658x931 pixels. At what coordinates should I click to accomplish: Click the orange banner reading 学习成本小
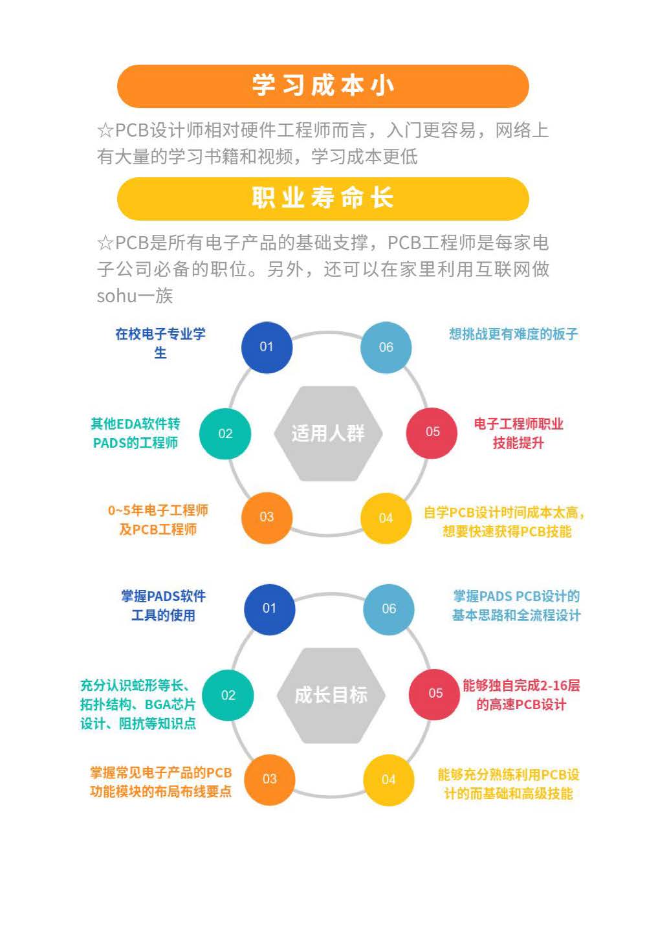pyautogui.click(x=323, y=86)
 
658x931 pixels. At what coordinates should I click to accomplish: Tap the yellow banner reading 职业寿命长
pyautogui.click(x=323, y=199)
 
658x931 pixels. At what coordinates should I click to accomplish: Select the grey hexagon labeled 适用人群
pyautogui.click(x=329, y=433)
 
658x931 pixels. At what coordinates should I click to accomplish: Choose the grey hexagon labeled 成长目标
pyautogui.click(x=331, y=696)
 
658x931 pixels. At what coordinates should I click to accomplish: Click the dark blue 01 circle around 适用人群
pyautogui.click(x=267, y=347)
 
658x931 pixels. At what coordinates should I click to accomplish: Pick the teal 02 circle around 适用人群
pyautogui.click(x=225, y=433)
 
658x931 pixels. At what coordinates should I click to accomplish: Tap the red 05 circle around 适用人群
pyautogui.click(x=432, y=433)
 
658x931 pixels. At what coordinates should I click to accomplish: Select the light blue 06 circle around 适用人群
pyautogui.click(x=386, y=347)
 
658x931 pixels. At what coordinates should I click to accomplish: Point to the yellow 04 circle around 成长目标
pyautogui.click(x=389, y=780)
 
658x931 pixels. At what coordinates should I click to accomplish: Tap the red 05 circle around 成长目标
pyautogui.click(x=435, y=694)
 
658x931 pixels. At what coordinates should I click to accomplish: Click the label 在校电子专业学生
pyautogui.click(x=160, y=344)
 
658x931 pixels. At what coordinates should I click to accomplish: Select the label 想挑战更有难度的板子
pyautogui.click(x=514, y=334)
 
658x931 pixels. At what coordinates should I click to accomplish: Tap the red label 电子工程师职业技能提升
pyautogui.click(x=519, y=433)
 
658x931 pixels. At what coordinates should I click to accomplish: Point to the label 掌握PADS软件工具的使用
pyautogui.click(x=163, y=606)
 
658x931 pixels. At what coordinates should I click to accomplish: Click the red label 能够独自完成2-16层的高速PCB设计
pyautogui.click(x=521, y=695)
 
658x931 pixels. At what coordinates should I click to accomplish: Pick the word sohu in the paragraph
pyautogui.click(x=117, y=296)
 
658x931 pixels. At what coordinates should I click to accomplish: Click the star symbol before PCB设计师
pyautogui.click(x=105, y=131)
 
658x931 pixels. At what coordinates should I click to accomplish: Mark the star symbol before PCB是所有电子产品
pyautogui.click(x=105, y=243)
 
